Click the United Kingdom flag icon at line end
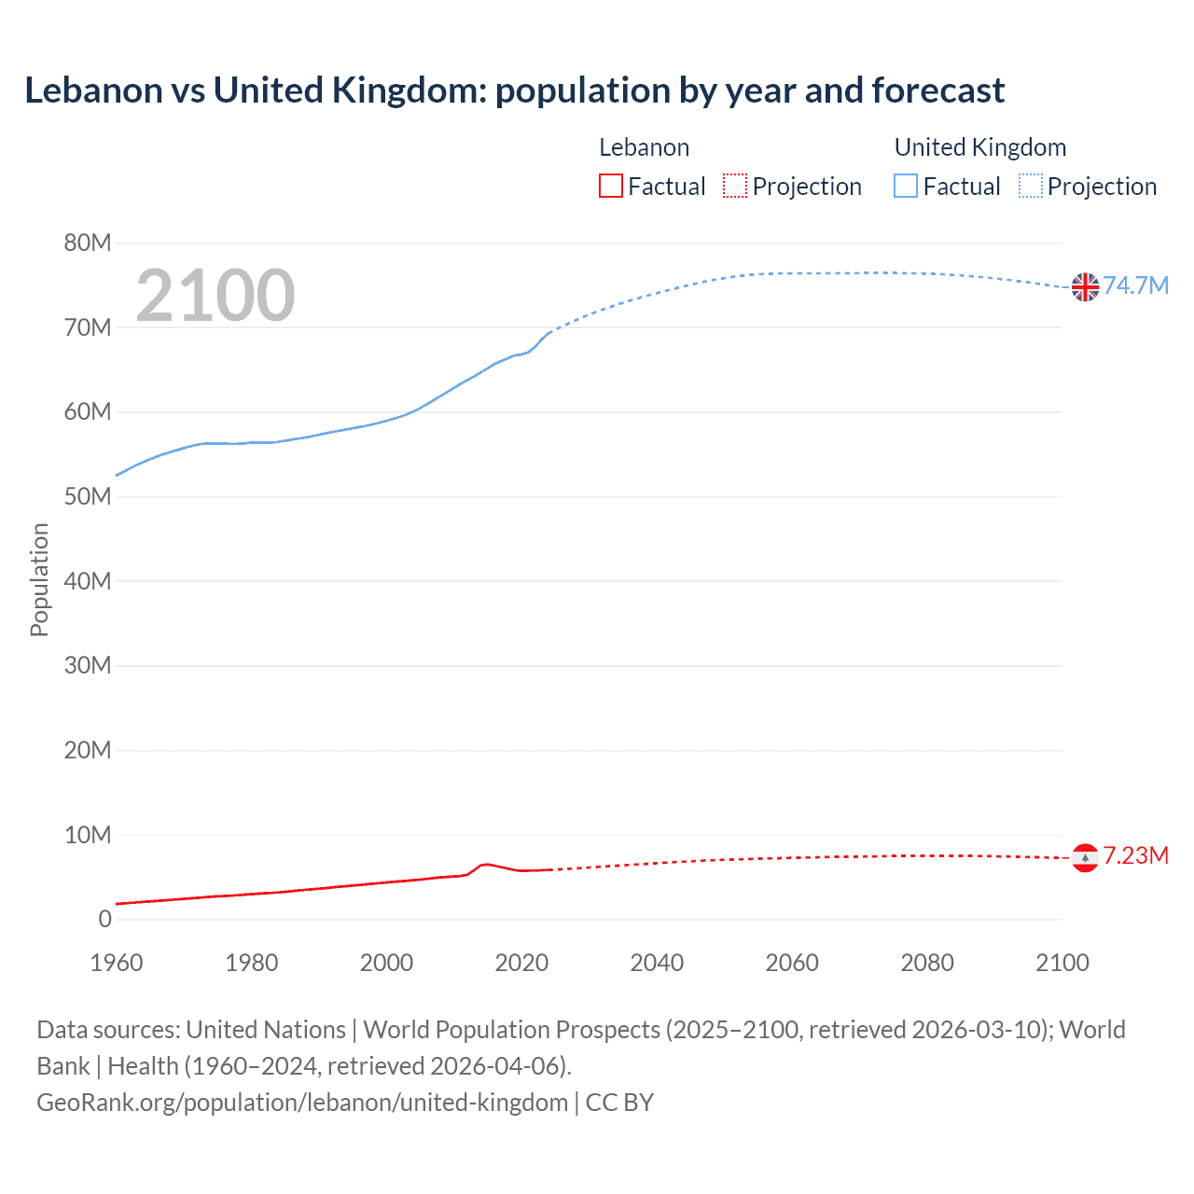(1085, 287)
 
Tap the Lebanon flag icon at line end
(1085, 857)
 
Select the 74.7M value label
(1136, 285)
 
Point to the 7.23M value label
(1136, 855)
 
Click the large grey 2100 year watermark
(215, 296)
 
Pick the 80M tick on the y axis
(88, 243)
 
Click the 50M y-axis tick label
(88, 497)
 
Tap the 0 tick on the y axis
(104, 920)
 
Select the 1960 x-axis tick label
(117, 963)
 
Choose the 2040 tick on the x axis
(657, 963)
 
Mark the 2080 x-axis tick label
(927, 963)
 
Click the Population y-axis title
(39, 579)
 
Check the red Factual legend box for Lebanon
(611, 186)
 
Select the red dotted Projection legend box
(735, 186)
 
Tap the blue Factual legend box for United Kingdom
(906, 186)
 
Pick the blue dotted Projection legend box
(1031, 186)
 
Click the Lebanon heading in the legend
(644, 147)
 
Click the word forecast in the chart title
(938, 90)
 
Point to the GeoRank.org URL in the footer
(302, 1103)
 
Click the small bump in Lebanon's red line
(484, 865)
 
